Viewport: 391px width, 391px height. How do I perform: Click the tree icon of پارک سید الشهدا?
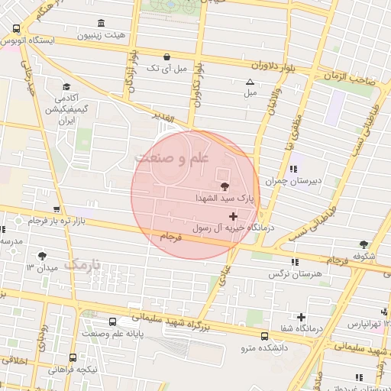click(x=225, y=186)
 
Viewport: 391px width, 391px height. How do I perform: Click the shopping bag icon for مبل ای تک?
click(x=167, y=57)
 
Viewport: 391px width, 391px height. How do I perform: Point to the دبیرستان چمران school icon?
click(x=293, y=170)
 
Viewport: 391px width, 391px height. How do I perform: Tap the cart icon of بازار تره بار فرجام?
click(x=56, y=209)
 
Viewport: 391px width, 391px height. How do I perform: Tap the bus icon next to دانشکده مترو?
click(x=264, y=335)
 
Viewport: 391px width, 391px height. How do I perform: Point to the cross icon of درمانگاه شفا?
click(x=302, y=317)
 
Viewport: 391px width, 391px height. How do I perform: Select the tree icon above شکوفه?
click(x=364, y=244)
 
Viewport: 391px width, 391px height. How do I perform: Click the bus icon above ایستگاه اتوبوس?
click(x=17, y=28)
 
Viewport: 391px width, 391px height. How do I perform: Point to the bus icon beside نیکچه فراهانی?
click(x=73, y=357)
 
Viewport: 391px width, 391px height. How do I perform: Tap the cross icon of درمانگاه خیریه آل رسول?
click(x=233, y=217)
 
